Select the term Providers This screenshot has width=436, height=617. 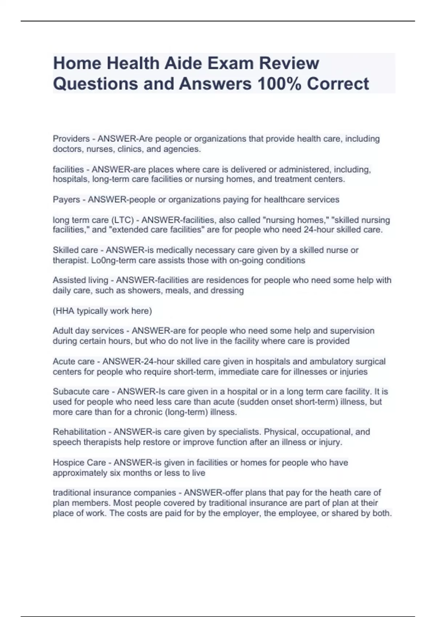click(71, 139)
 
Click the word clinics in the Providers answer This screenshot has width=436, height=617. click(130, 149)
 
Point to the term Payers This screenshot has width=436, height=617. click(66, 200)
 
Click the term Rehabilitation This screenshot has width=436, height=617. click(79, 432)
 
